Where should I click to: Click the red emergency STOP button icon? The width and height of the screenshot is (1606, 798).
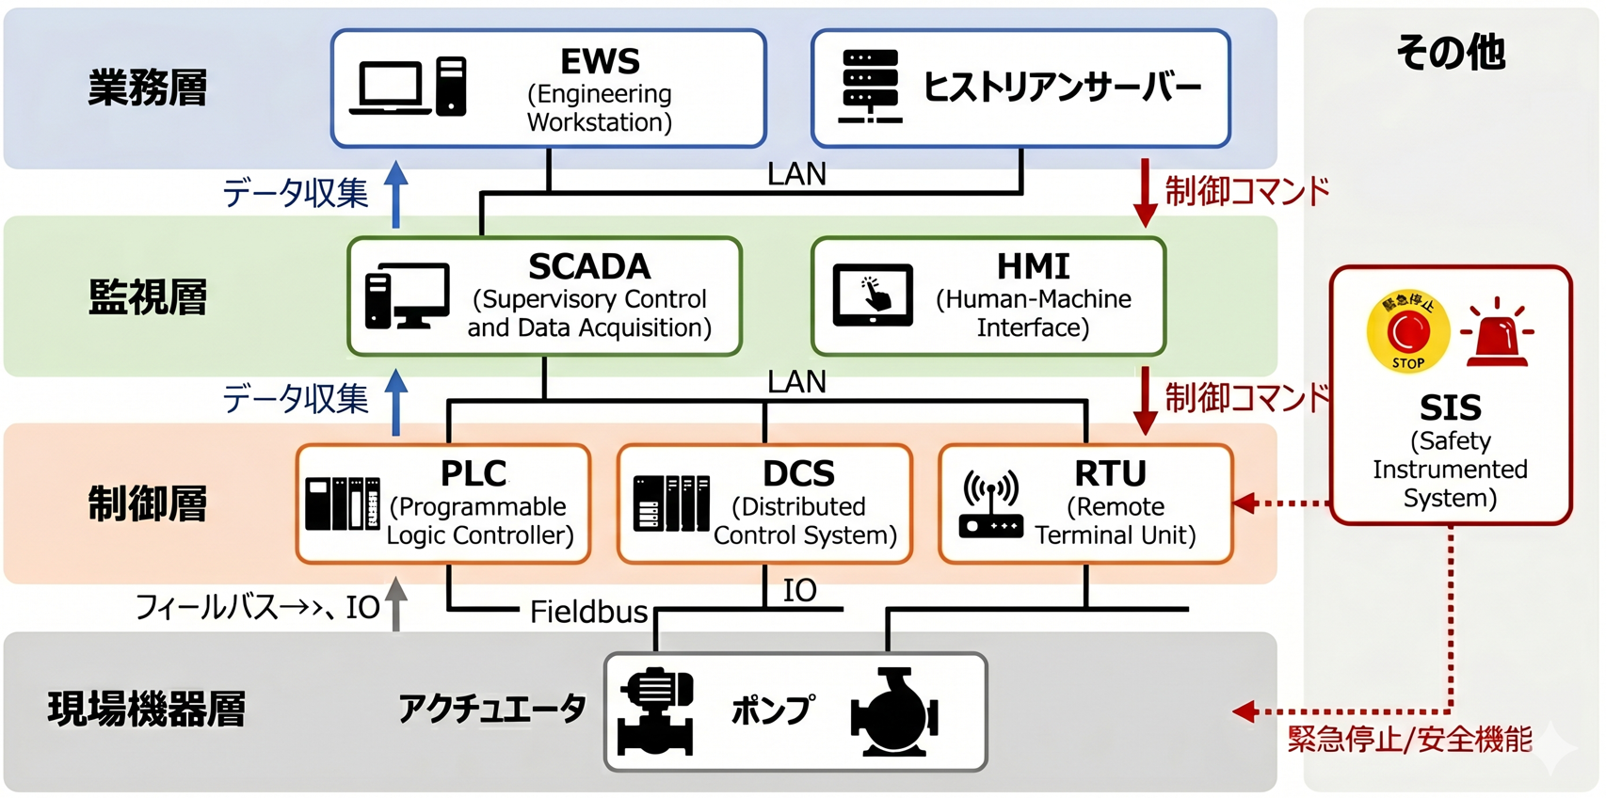tap(1408, 332)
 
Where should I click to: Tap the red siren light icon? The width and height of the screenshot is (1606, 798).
tap(1496, 332)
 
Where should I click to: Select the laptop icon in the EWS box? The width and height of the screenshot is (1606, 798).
tap(390, 88)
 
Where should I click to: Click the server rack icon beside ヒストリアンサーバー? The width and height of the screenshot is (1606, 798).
tap(870, 86)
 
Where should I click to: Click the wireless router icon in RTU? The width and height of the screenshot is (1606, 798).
tap(991, 503)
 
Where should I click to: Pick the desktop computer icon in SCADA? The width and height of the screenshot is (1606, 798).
tap(407, 296)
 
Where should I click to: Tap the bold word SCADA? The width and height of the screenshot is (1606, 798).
tap(589, 266)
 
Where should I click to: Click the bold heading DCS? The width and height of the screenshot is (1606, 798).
tap(798, 473)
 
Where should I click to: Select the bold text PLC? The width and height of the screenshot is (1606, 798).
tap(474, 473)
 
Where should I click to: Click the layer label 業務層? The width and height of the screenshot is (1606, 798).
tap(148, 88)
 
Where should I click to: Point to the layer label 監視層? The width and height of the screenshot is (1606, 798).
tap(148, 296)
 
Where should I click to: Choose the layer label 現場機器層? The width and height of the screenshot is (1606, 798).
tap(146, 709)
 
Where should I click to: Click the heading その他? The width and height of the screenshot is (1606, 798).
tap(1450, 53)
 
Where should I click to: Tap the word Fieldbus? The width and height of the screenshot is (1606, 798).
tap(588, 612)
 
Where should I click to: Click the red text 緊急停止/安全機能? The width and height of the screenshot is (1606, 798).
tap(1409, 740)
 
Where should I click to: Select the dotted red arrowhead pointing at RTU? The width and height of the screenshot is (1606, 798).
tap(1244, 503)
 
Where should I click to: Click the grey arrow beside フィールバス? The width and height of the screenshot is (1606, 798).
tap(395, 604)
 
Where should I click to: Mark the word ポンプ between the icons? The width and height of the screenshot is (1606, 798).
tap(773, 710)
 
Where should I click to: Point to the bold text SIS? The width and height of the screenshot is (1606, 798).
tap(1451, 408)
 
